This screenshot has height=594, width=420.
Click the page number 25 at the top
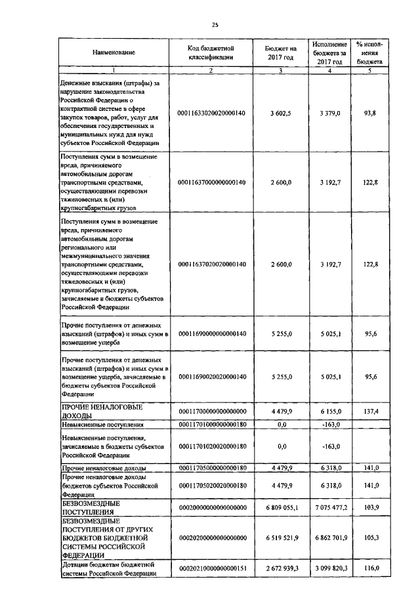pos(215,25)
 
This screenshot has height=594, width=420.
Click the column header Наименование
pos(114,52)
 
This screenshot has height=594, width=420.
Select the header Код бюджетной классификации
pos(211,52)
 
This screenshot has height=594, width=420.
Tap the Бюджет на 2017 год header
pos(280,52)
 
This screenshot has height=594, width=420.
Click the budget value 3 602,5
pos(280,113)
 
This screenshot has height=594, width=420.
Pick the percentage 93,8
pos(370,113)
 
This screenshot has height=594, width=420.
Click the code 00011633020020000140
pos(211,113)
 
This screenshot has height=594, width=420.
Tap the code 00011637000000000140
pos(211,182)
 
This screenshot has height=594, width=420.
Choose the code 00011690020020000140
pos(211,377)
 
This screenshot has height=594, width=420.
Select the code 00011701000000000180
pos(211,425)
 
